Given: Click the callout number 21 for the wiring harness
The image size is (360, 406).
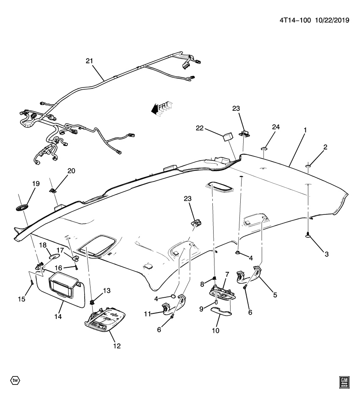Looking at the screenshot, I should (89, 61).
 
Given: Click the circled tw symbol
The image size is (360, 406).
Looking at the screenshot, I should (15, 380).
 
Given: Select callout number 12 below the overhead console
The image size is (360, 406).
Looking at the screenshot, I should (117, 346).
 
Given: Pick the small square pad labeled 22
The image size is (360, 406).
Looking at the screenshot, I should (228, 137).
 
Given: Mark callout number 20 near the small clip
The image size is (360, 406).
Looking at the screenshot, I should (71, 170).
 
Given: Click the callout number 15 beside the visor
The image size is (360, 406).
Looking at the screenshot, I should (22, 299).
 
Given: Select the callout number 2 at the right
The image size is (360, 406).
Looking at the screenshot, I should (325, 147).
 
